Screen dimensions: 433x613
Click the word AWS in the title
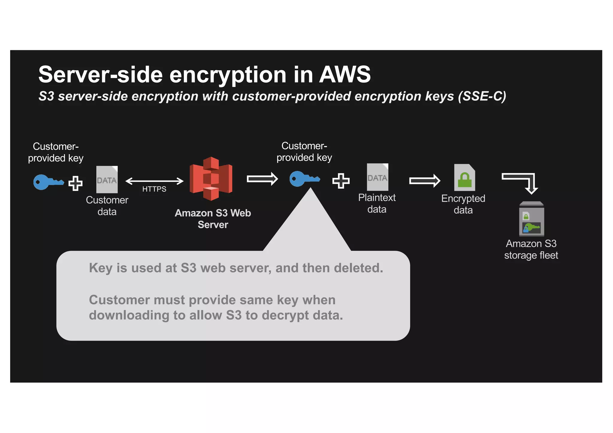point(345,74)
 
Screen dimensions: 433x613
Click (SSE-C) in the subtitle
point(482,96)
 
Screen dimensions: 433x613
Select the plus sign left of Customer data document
point(75,183)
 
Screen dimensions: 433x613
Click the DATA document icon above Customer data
point(107,179)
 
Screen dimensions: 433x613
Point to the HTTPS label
point(154,189)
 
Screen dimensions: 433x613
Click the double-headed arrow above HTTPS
point(154,181)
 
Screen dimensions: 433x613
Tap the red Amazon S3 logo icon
point(211,179)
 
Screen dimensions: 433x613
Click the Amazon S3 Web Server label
point(213,219)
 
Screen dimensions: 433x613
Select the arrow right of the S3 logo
point(262,179)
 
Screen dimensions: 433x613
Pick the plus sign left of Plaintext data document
point(341,181)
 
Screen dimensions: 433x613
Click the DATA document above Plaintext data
point(377,177)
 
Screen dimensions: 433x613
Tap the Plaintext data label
point(377,203)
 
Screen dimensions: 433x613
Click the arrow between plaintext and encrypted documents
point(424,181)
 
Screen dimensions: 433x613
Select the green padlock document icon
point(464,178)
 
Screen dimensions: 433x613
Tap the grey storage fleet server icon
point(531,219)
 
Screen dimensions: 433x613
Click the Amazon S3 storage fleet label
point(531,249)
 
